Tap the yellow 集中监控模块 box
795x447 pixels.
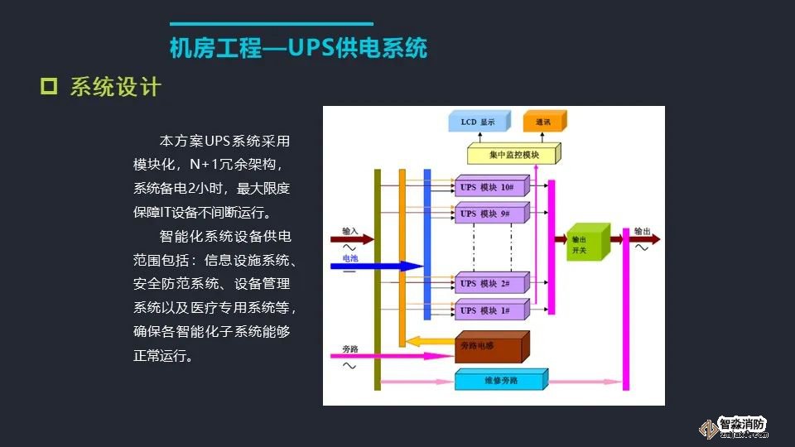[x=513, y=155]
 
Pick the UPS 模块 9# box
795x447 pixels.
[x=490, y=214]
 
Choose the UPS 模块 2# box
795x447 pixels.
[x=490, y=284]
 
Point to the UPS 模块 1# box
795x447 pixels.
[x=490, y=310]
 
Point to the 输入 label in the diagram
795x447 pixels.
[x=350, y=230]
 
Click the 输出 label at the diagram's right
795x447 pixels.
[x=642, y=231]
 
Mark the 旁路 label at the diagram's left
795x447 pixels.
[x=350, y=348]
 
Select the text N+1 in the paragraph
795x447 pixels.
[x=202, y=165]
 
